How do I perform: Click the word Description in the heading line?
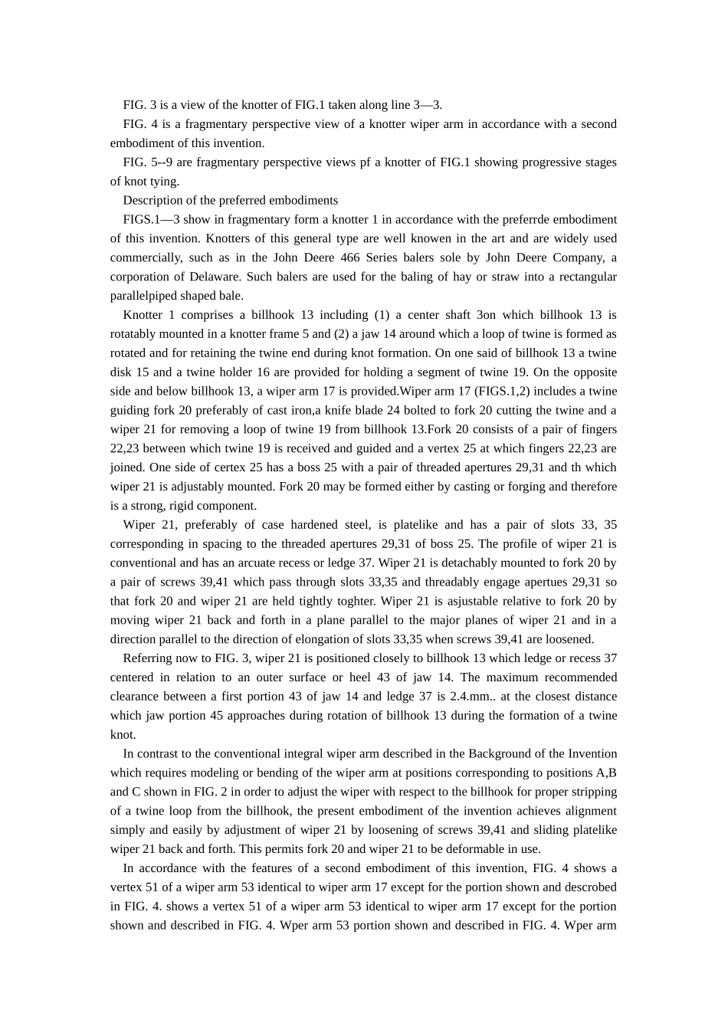point(151,200)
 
